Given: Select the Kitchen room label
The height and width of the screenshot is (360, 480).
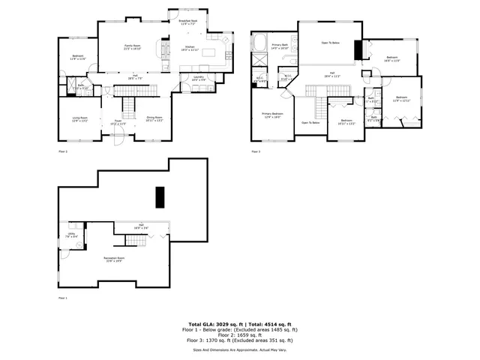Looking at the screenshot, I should point(190,49).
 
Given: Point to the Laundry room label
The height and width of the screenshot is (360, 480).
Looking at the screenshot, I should point(199,78).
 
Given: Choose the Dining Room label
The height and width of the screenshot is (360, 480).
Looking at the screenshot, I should point(154,118).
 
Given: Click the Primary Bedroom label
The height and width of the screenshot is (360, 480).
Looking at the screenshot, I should point(271,115).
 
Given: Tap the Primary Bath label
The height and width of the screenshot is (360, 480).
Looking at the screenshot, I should point(280,46).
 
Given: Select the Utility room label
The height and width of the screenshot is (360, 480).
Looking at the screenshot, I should point(70,235).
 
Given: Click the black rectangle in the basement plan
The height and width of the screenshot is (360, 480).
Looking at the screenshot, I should point(159,196).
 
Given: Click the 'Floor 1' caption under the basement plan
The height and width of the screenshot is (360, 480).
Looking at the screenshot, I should point(63,298).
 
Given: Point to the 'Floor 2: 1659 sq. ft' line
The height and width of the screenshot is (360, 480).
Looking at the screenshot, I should point(239,334).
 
